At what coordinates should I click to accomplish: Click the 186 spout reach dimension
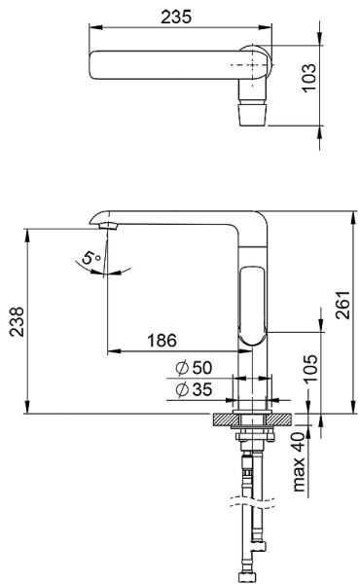(x=162, y=341)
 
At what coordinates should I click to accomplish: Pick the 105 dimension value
(x=309, y=373)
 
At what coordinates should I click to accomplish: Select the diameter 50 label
(x=196, y=369)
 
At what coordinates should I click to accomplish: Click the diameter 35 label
(x=196, y=390)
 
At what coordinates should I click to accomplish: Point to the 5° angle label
(x=90, y=260)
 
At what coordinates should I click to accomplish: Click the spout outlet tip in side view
(x=106, y=226)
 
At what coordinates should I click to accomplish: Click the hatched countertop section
(x=225, y=420)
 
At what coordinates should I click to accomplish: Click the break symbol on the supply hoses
(x=249, y=507)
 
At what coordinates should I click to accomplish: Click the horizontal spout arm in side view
(x=175, y=219)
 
